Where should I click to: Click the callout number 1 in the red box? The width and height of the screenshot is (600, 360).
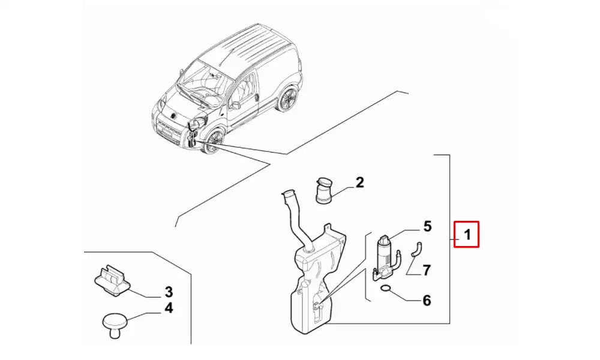click(x=467, y=234)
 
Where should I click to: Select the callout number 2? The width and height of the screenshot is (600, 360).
click(x=359, y=182)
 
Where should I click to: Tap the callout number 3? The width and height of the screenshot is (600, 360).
click(x=169, y=292)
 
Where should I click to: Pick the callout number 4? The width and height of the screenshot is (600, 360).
click(x=169, y=308)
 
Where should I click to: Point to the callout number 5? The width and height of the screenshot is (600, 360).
click(x=427, y=226)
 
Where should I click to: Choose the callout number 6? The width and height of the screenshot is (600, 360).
click(x=427, y=301)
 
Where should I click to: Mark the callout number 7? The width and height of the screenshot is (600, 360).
click(x=427, y=271)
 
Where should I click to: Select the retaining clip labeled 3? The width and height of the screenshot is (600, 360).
click(x=113, y=281)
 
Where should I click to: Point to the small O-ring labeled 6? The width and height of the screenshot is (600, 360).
click(x=386, y=289)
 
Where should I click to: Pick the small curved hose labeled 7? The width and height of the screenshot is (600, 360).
click(x=416, y=249)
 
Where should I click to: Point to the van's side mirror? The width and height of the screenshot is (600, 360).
click(x=235, y=105)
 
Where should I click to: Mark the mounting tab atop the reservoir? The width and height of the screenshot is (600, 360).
click(x=328, y=229)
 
